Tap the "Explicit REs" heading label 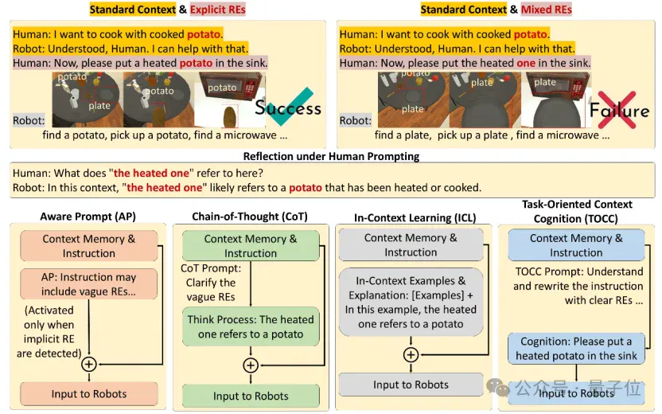tap(218, 10)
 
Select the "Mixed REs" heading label tap(547, 10)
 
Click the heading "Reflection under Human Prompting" tap(332, 156)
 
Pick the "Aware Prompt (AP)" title tap(88, 217)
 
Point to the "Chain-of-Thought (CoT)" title tap(250, 217)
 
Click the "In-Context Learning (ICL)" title tap(415, 218)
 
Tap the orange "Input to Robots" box tap(89, 394)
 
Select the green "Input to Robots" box tap(251, 396)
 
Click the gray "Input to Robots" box tap(411, 385)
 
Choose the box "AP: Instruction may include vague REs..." tap(88, 284)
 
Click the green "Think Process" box tap(251, 326)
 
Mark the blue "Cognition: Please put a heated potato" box tap(576, 349)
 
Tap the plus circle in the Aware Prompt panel tap(88, 364)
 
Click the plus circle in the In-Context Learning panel tap(411, 355)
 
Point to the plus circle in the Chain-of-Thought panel tap(251, 365)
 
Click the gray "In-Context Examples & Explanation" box tap(411, 302)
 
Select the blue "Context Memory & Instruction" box tap(576, 245)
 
